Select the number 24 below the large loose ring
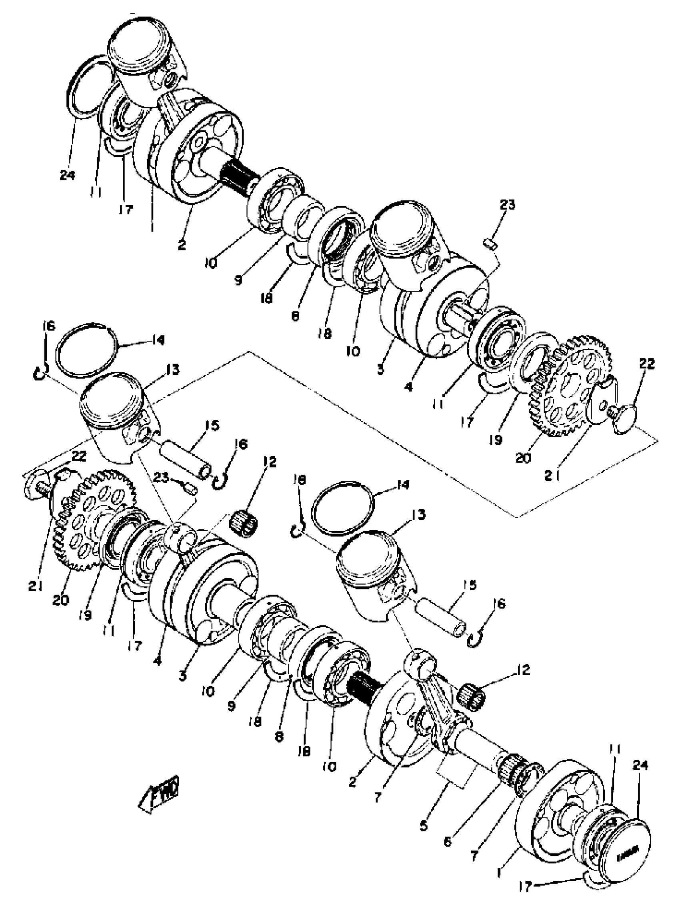67,175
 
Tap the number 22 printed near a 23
79,456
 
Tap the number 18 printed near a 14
300,479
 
